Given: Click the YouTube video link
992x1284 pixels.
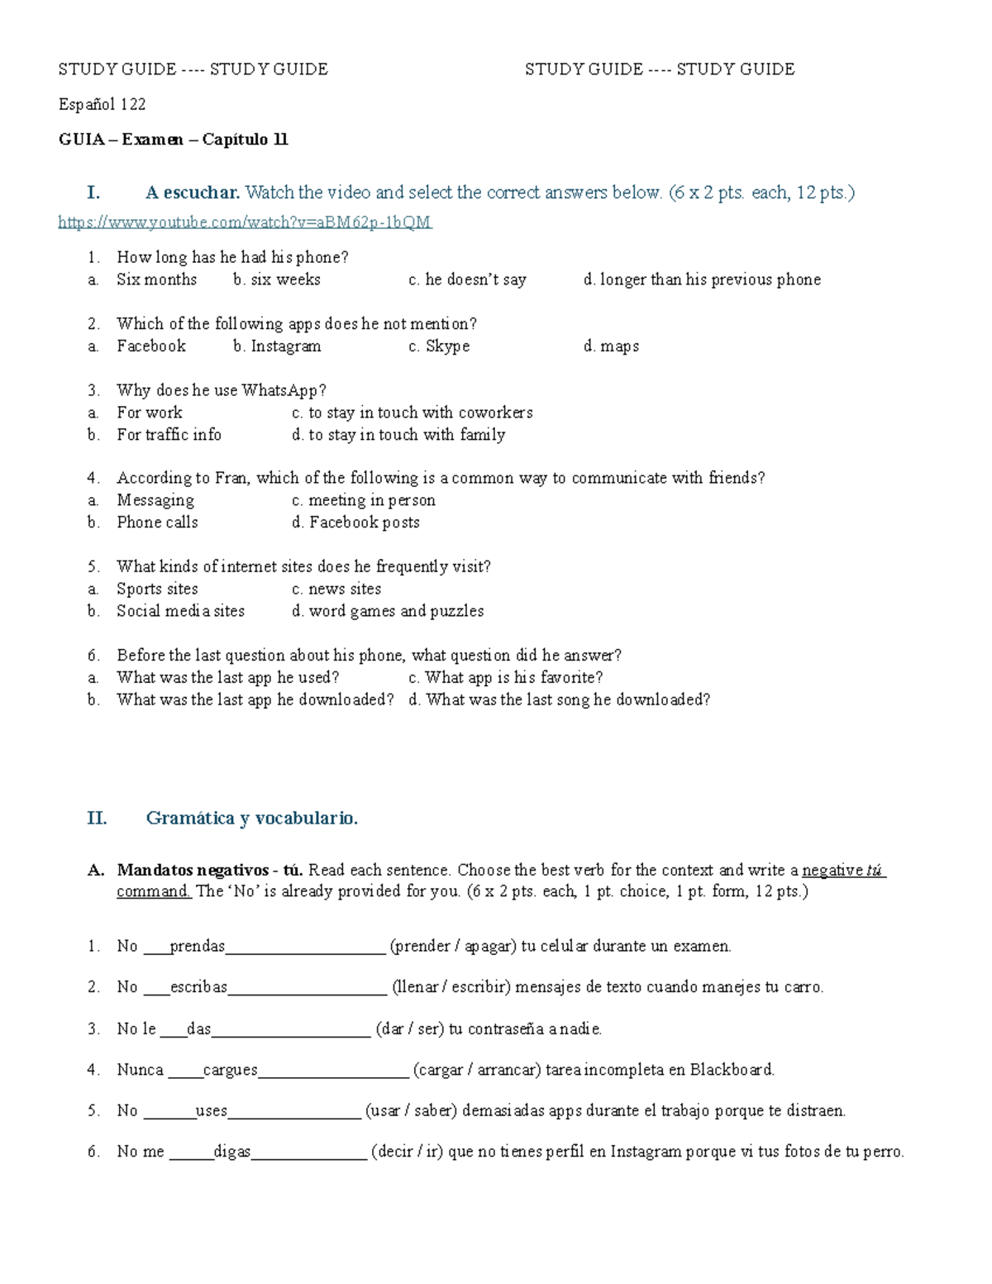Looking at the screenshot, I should point(245,222).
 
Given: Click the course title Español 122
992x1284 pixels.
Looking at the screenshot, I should point(102,104).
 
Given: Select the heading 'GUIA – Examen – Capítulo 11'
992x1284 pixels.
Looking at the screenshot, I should point(173,140).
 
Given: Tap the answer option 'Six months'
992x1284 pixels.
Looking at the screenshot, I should point(156,279).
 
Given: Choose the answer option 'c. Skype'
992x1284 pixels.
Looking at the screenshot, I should point(439,346).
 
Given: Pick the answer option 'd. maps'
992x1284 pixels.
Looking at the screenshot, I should point(611,346).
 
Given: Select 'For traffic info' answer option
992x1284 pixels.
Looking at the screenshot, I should point(169,435).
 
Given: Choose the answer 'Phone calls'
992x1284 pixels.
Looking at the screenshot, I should point(157,523).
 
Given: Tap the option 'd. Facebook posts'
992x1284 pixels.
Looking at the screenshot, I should point(355,523).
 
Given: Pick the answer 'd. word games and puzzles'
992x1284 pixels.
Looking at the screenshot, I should point(388,611).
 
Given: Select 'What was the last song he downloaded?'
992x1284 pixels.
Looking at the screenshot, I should point(560,700).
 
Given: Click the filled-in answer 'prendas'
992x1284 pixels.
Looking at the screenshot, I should point(197,947).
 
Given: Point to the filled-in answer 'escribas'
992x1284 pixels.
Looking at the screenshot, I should point(198,987).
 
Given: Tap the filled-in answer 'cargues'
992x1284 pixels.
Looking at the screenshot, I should point(230,1070).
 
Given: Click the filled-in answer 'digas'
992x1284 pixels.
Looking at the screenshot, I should point(231,1152).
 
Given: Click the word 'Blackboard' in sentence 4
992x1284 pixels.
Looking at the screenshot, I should point(732,1070).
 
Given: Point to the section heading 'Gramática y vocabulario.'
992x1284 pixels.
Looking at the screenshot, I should point(251,819).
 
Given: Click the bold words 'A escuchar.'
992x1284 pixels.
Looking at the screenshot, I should point(193,193).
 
